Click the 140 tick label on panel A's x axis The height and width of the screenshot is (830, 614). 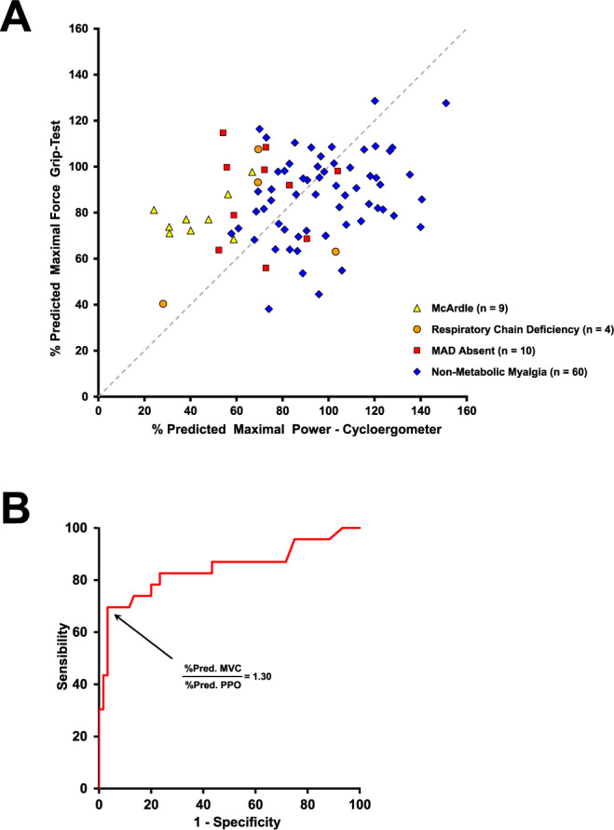click(420, 408)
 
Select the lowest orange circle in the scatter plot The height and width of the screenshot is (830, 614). click(163, 304)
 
